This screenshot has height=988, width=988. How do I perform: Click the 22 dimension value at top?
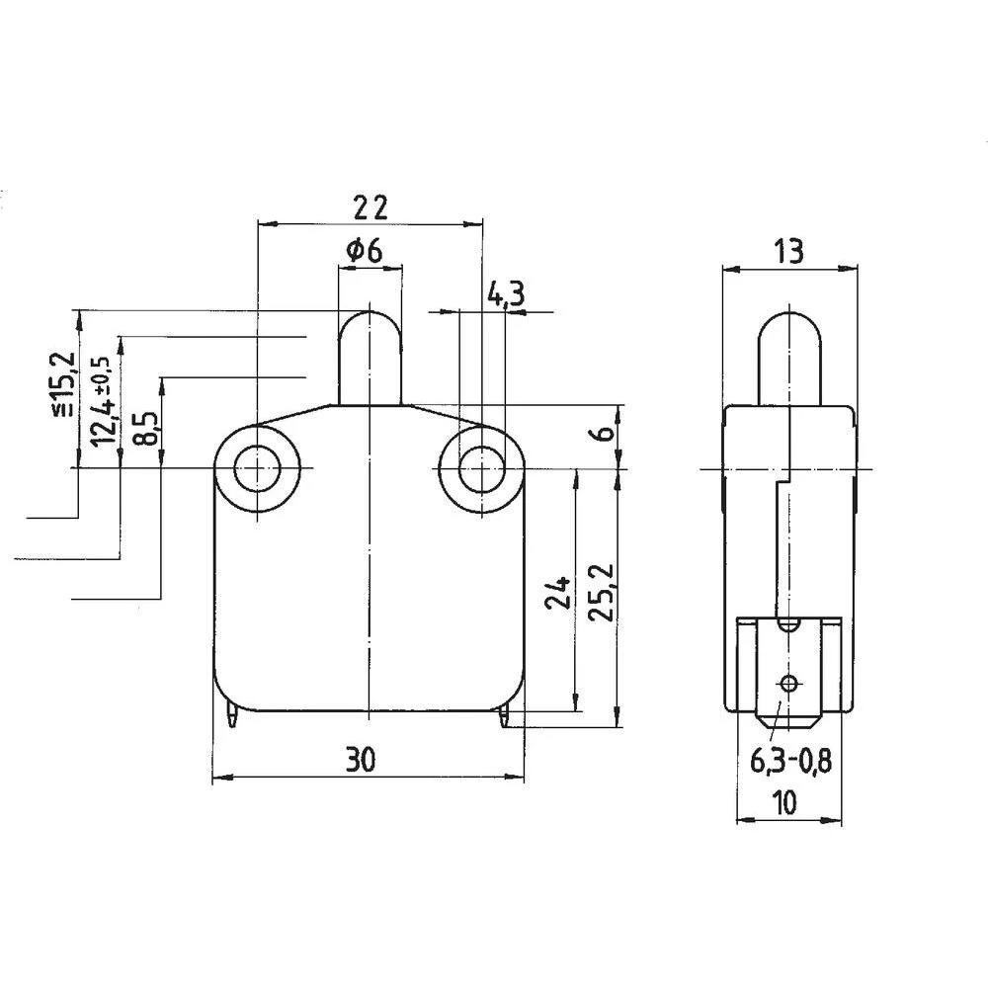370,206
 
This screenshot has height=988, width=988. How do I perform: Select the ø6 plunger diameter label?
365,252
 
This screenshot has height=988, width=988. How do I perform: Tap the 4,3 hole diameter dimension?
506,293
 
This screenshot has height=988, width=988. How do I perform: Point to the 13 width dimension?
787,251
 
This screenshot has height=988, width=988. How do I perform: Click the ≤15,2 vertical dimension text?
63,383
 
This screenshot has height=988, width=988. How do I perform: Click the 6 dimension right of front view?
606,432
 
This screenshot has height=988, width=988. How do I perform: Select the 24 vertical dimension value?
559,593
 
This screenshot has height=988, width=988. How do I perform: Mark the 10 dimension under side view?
786,803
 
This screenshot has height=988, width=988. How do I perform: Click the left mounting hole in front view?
257,466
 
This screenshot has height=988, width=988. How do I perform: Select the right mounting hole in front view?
481,466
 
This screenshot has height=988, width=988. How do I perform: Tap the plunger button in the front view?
370,356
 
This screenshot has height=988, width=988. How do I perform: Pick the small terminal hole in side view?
787,682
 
